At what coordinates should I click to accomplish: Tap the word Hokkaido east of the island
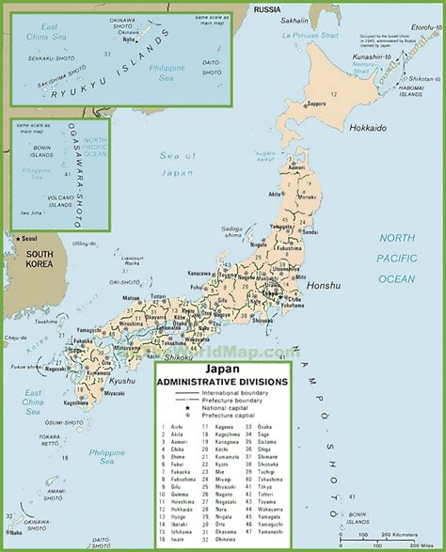tap(370, 126)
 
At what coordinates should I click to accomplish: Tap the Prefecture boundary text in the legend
tap(225, 399)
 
